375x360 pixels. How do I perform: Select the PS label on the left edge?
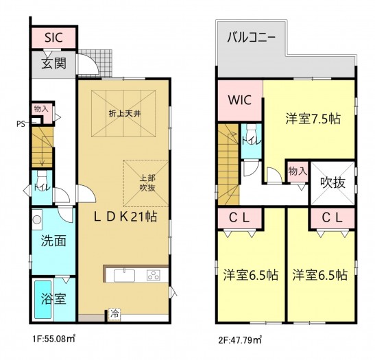pos(22,124)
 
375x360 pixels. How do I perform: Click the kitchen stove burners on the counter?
pos(153,275)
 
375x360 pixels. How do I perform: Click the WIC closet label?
pos(239,99)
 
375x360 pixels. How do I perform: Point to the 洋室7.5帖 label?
pos(313,118)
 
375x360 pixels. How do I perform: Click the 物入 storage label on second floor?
pos(297,171)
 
